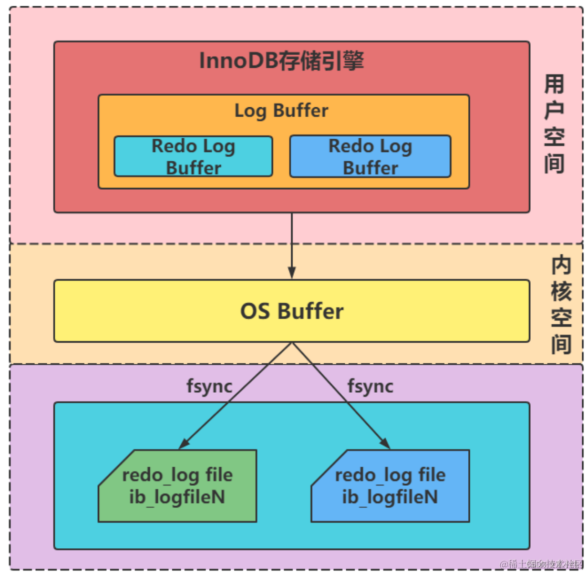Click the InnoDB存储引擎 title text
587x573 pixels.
tap(282, 62)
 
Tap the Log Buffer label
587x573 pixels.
tap(282, 111)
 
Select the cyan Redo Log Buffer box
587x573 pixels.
tap(193, 156)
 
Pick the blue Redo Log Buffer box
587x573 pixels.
tap(370, 156)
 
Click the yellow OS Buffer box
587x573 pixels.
tap(292, 311)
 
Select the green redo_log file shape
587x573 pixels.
tap(178, 486)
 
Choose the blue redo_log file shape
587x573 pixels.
tap(390, 486)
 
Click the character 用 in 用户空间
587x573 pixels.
tap(555, 85)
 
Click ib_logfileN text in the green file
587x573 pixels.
tap(178, 497)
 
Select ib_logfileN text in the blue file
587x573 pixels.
tap(390, 497)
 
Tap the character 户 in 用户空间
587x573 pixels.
tap(555, 111)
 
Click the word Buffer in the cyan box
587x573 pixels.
tap(193, 168)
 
